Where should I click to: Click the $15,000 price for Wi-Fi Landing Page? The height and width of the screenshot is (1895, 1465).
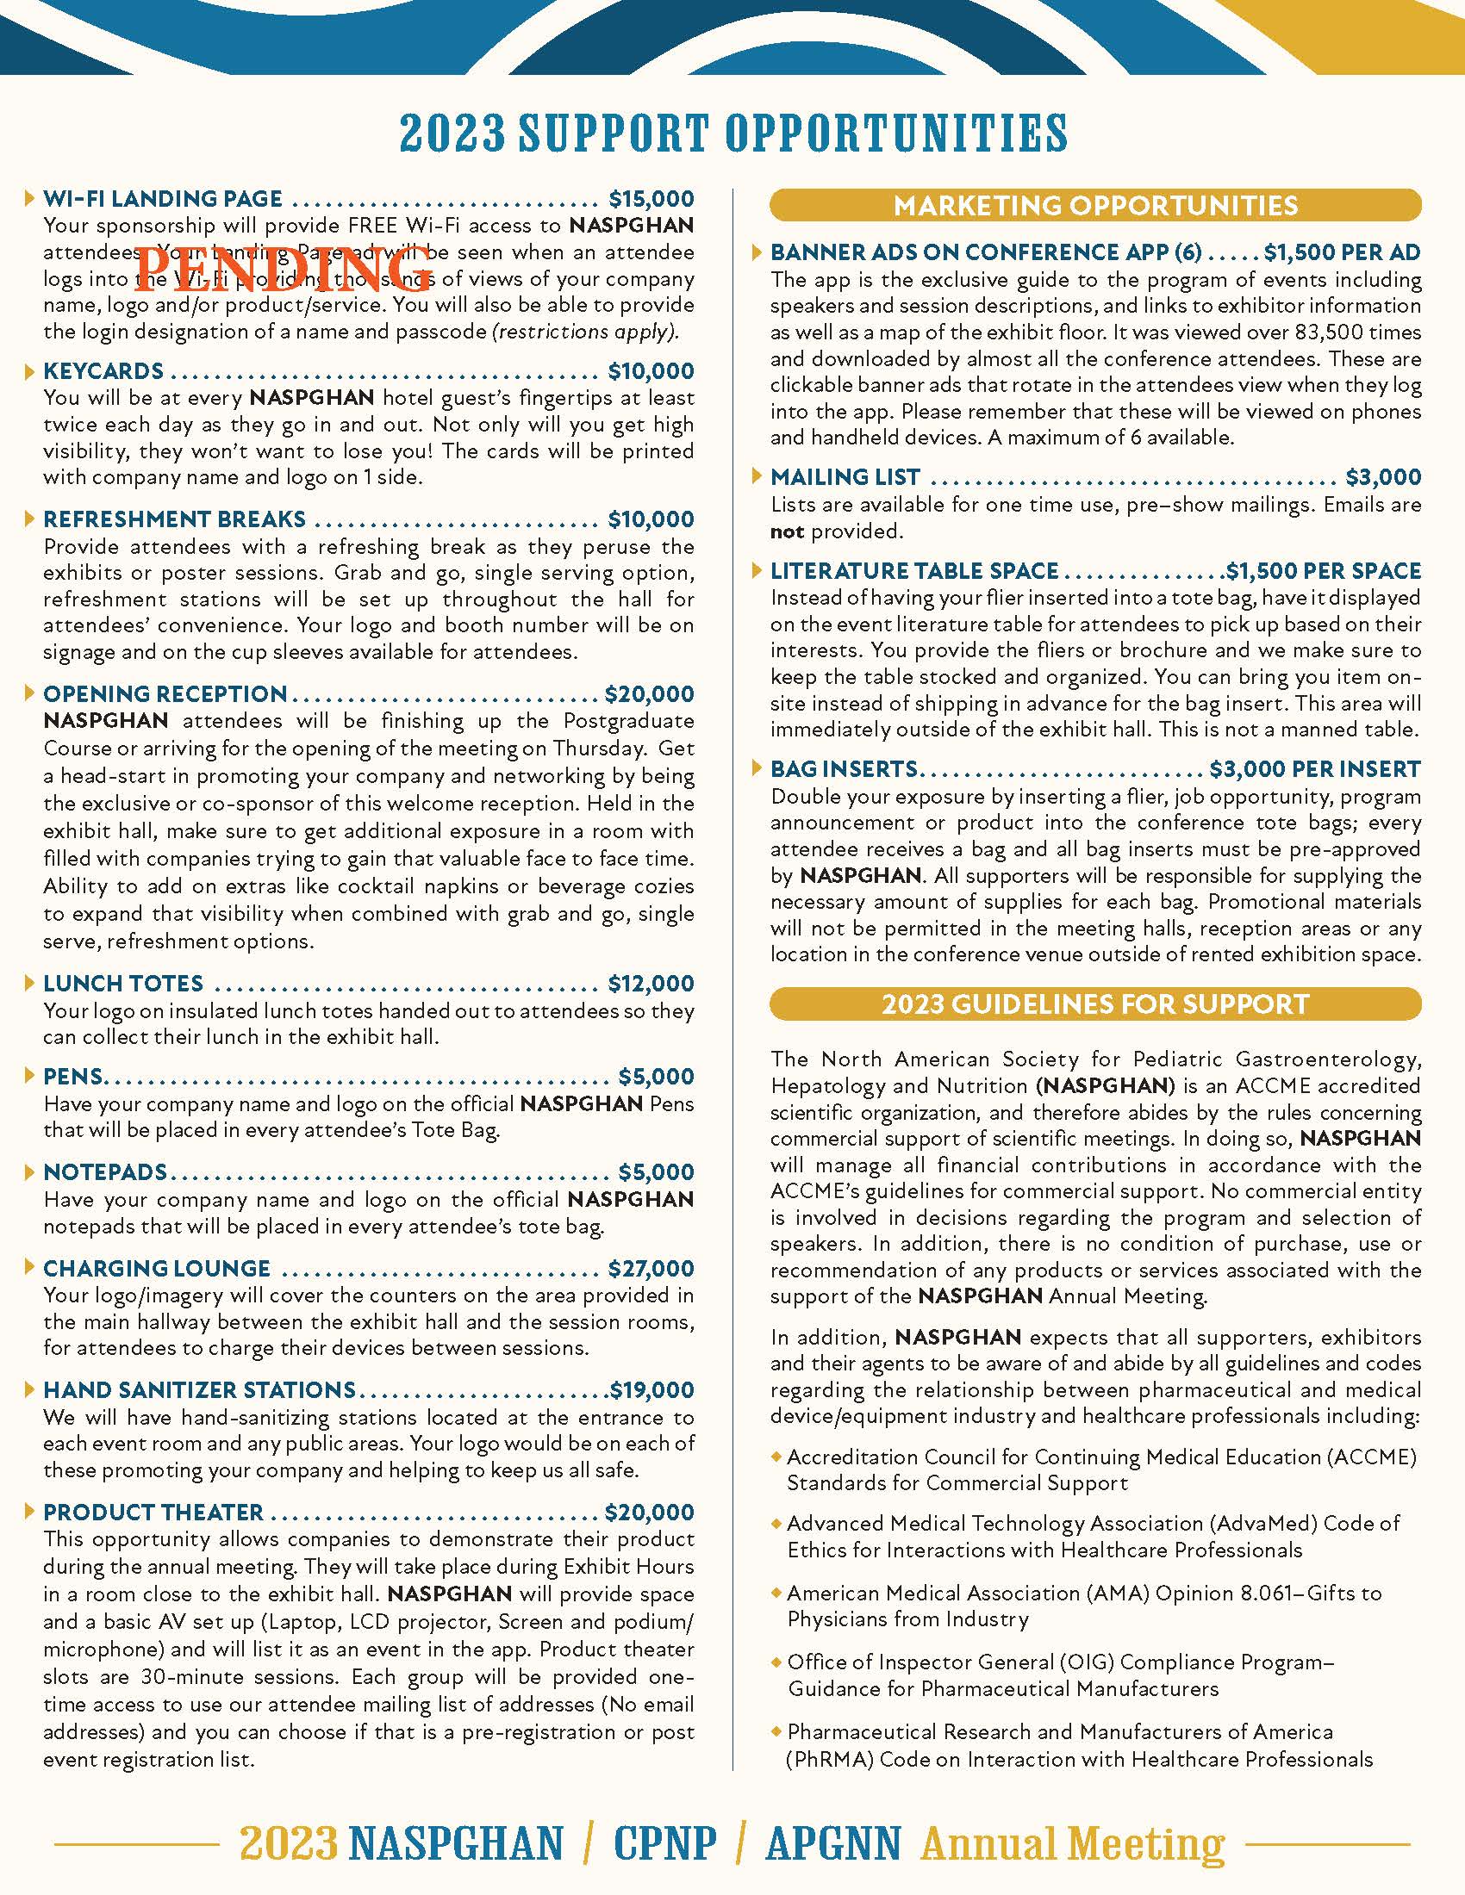click(650, 199)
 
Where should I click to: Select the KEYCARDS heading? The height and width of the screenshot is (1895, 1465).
click(103, 371)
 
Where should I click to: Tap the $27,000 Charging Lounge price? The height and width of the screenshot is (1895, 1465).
click(650, 1269)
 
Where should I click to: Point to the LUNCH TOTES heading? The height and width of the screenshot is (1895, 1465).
click(123, 984)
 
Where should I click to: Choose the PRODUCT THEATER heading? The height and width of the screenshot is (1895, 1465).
click(153, 1513)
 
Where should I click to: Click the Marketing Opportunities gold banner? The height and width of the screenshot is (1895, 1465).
click(1095, 205)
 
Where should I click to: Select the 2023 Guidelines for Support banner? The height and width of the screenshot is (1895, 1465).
click(1095, 1003)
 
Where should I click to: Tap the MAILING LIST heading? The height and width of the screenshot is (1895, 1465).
click(845, 477)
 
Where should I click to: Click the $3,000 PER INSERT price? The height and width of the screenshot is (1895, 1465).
click(1315, 769)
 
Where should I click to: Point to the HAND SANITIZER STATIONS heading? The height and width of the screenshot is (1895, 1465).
click(199, 1390)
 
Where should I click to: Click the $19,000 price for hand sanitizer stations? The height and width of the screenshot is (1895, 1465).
click(651, 1390)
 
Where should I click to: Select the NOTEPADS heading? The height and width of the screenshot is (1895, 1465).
click(105, 1172)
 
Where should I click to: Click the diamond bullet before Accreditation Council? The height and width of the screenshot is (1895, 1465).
click(776, 1456)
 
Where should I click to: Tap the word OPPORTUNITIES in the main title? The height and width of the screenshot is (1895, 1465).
click(895, 133)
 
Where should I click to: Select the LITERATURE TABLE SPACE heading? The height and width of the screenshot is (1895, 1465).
click(913, 571)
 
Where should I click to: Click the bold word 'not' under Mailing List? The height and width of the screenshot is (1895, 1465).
click(787, 531)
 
